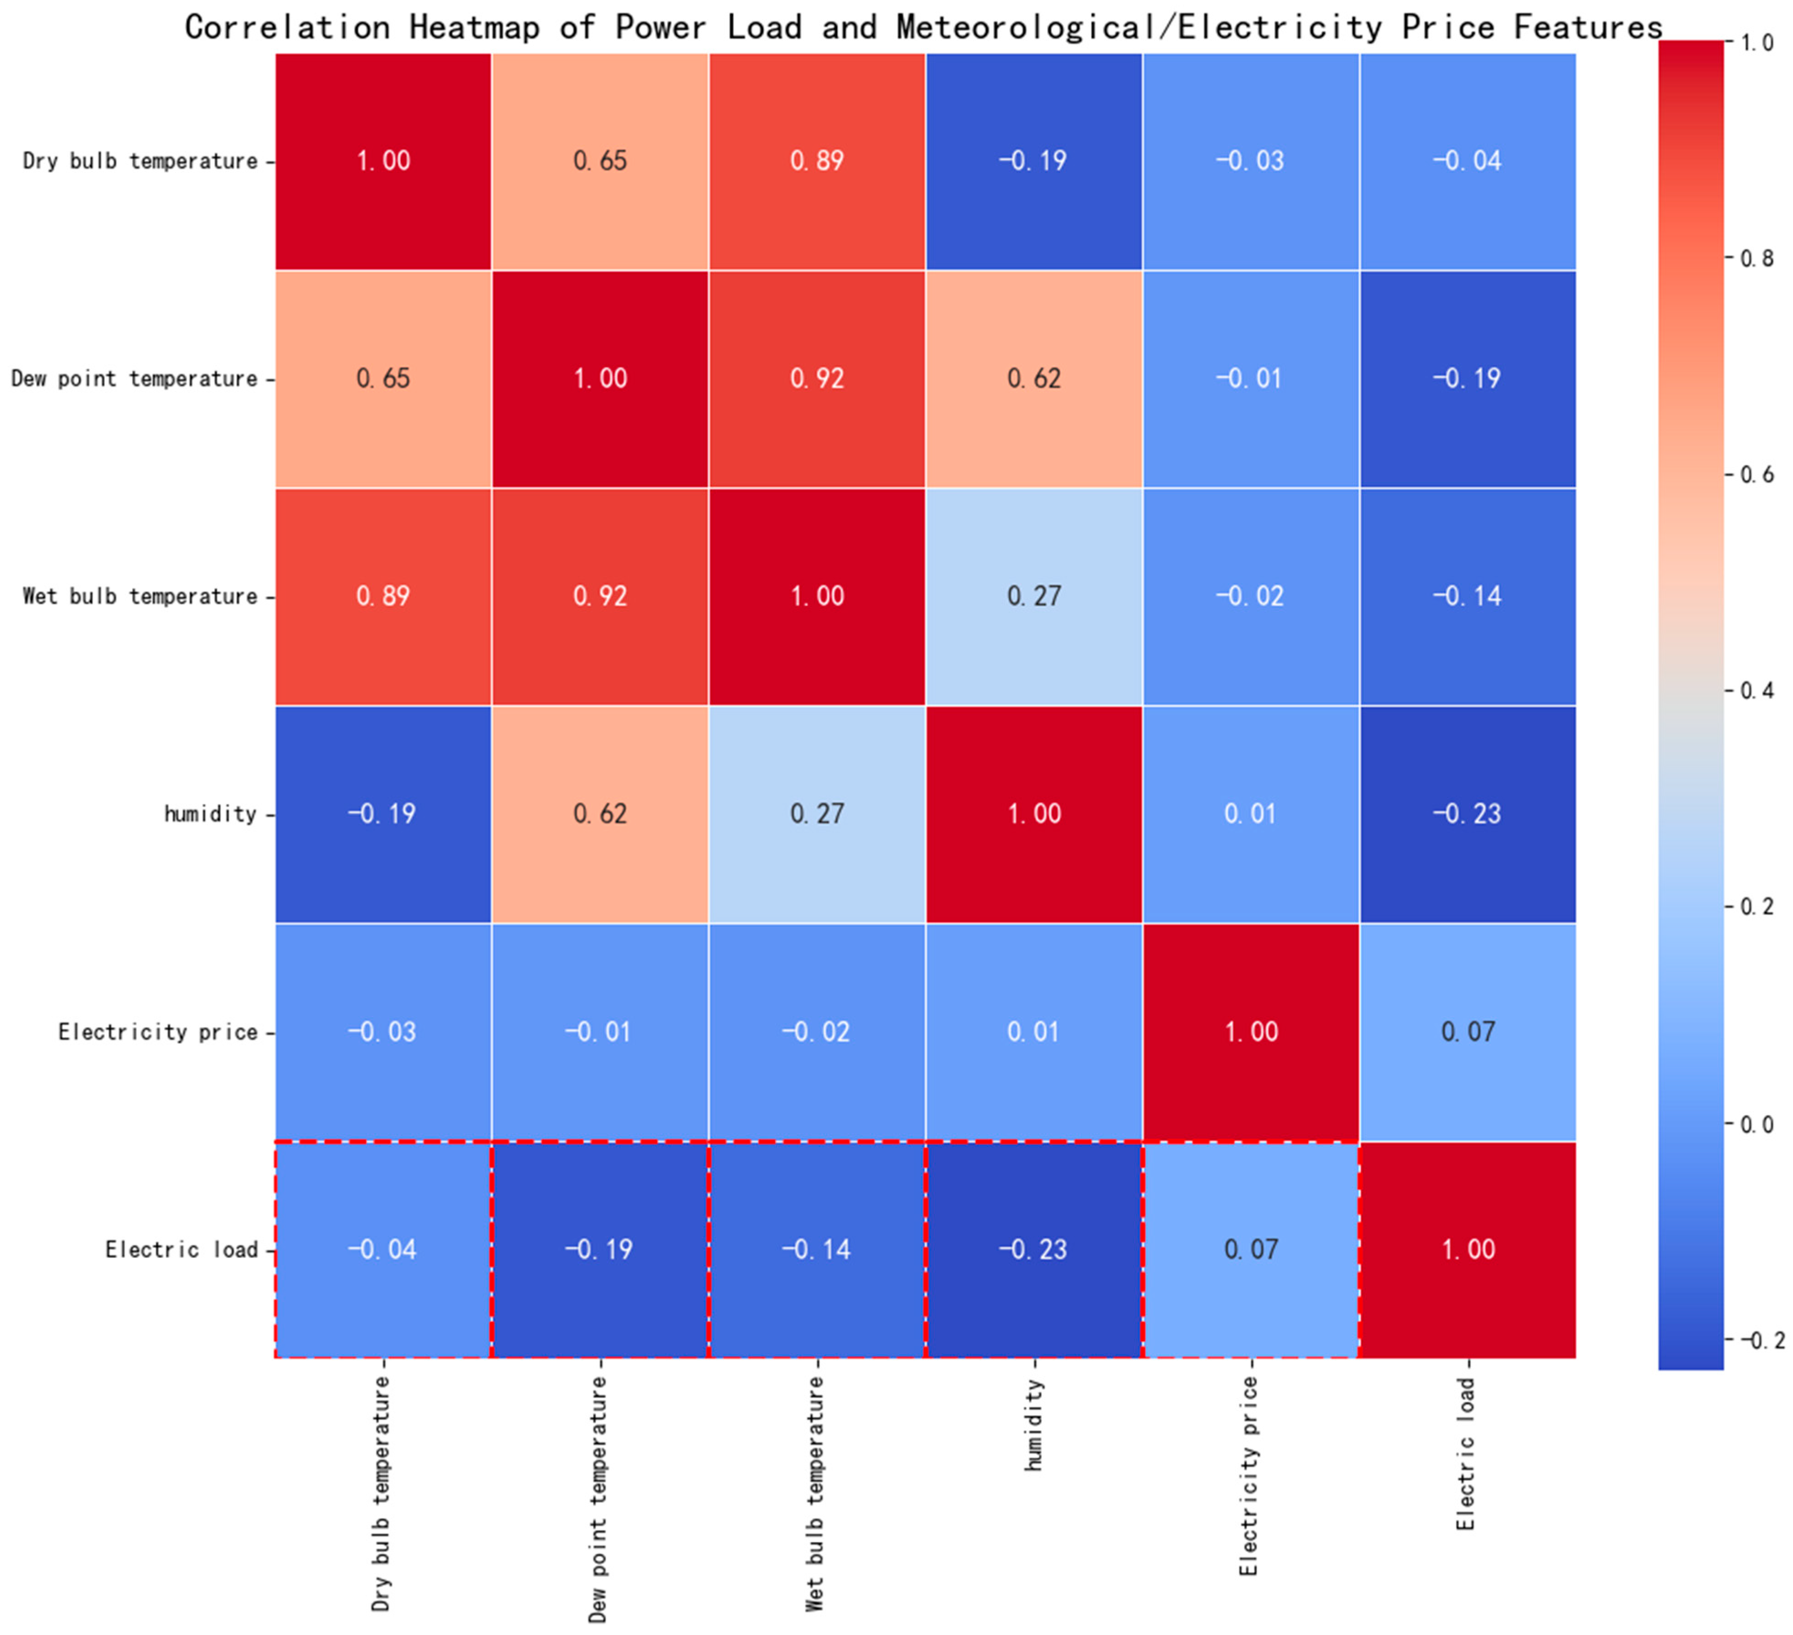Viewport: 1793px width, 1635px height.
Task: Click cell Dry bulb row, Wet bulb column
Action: coord(817,161)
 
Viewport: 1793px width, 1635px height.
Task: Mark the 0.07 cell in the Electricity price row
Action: coord(1468,1032)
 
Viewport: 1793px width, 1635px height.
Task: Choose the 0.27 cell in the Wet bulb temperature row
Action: coord(1033,596)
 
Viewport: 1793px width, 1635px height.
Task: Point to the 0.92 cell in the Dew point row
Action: coord(817,379)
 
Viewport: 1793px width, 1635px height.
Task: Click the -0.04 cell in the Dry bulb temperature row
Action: coord(1468,161)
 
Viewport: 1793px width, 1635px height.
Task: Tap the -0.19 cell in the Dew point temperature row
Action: coord(1468,379)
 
